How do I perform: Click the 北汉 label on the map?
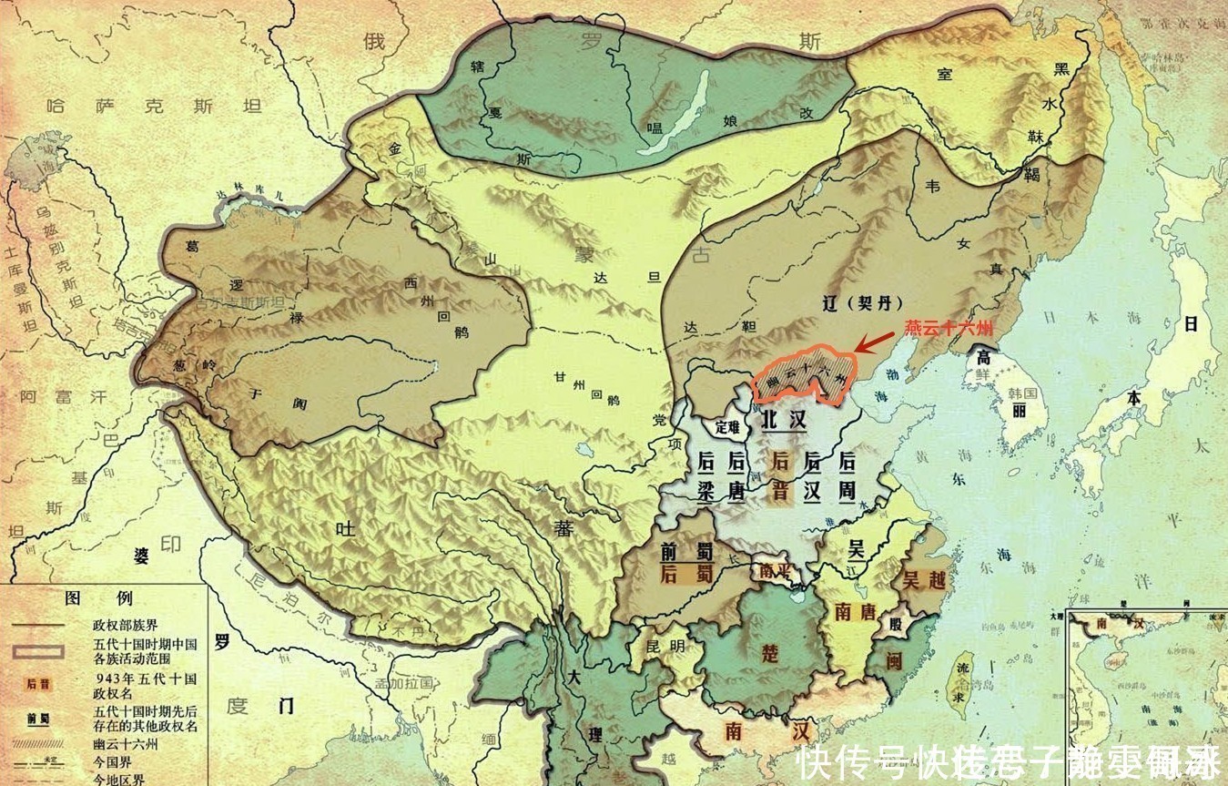[784, 419]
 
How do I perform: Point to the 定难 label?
[728, 425]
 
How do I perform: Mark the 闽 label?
[894, 662]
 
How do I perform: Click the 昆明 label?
[663, 646]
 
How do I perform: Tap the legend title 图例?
[98, 598]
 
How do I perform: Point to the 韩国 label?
[1023, 393]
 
